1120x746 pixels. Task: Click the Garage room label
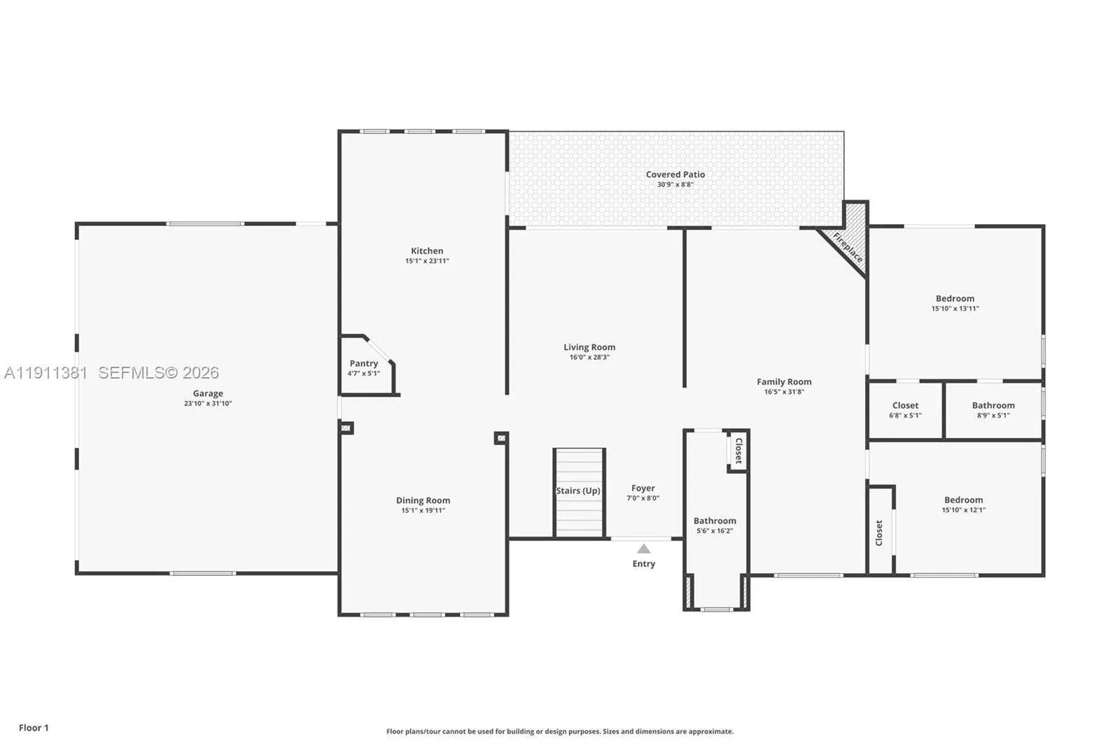pyautogui.click(x=208, y=393)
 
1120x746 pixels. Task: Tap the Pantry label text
pyautogui.click(x=363, y=363)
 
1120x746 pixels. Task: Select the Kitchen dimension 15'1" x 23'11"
pyautogui.click(x=427, y=261)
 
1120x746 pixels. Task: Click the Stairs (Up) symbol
pyautogui.click(x=579, y=491)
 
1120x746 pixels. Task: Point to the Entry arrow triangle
pyautogui.click(x=643, y=549)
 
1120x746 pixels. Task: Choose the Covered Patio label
pyautogui.click(x=675, y=174)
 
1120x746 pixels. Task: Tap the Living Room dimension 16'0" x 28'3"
pyautogui.click(x=589, y=357)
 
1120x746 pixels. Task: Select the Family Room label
pyautogui.click(x=784, y=381)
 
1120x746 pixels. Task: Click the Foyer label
pyautogui.click(x=643, y=488)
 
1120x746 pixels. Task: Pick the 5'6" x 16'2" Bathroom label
pyautogui.click(x=715, y=521)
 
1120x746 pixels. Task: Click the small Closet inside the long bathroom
pyautogui.click(x=738, y=451)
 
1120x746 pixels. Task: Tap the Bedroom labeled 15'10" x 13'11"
pyautogui.click(x=955, y=298)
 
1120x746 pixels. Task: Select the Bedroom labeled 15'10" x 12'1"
pyautogui.click(x=963, y=500)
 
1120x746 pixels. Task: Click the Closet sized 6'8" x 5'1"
pyautogui.click(x=905, y=405)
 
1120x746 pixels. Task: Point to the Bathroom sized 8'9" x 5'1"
pyautogui.click(x=993, y=405)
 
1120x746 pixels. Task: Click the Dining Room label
pyautogui.click(x=423, y=500)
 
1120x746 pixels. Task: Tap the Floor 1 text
pyautogui.click(x=34, y=728)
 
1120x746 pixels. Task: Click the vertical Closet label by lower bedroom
pyautogui.click(x=879, y=533)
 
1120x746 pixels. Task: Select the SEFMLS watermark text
pyautogui.click(x=158, y=373)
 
